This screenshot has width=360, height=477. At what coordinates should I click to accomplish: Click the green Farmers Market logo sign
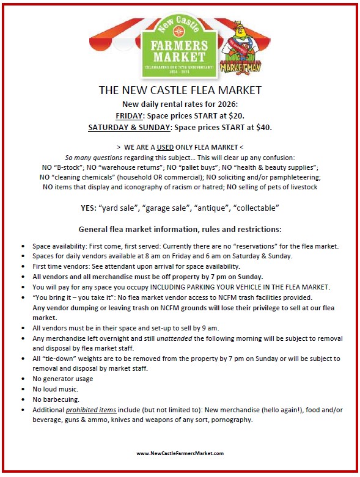point(180,46)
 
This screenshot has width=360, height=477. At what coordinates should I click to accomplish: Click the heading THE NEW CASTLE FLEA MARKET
point(180,90)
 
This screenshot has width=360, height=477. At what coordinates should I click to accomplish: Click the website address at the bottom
point(180,453)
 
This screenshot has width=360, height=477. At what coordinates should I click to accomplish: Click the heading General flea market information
point(180,230)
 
